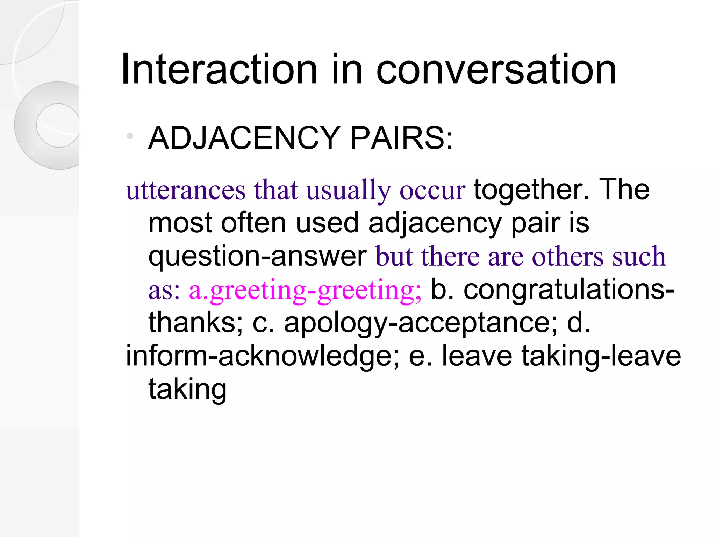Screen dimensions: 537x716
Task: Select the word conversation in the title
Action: pos(496,70)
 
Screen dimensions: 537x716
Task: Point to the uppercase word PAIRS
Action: pos(401,138)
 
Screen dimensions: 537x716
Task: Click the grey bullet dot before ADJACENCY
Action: pos(130,136)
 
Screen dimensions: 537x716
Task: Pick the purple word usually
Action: pos(348,191)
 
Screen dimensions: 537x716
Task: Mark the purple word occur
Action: pos(432,191)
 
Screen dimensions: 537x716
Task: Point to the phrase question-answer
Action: pos(257,256)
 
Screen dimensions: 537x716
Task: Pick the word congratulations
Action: pos(567,289)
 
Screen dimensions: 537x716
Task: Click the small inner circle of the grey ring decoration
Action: pos(58,125)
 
